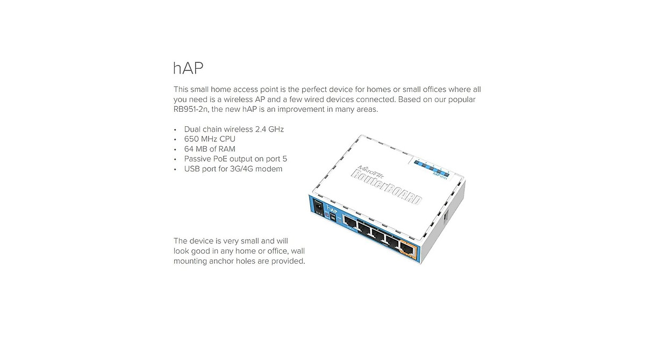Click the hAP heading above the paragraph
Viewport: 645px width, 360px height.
(x=188, y=69)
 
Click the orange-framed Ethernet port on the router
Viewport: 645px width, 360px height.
(x=410, y=248)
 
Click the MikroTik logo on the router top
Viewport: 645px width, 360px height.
(x=371, y=164)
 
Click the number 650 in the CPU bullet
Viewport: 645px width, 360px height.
(x=192, y=139)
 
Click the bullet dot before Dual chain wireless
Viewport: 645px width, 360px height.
(x=175, y=129)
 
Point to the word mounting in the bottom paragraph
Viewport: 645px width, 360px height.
(x=190, y=261)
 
